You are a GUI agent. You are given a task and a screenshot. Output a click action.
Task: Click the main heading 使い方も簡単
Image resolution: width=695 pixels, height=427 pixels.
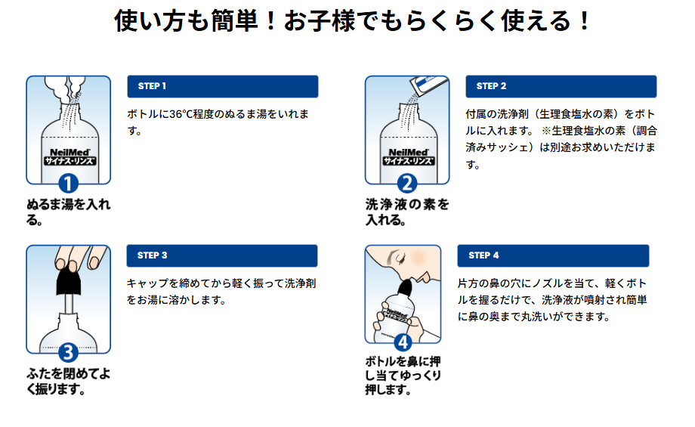(351, 20)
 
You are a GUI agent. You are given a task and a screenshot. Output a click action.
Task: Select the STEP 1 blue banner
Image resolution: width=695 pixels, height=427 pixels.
(223, 86)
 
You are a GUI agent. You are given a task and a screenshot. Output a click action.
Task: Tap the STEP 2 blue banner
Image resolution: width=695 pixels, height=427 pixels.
(561, 86)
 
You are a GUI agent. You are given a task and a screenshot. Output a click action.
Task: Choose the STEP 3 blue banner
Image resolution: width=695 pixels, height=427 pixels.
(222, 255)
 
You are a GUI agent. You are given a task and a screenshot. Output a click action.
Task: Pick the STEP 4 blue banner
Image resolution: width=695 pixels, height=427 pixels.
(554, 255)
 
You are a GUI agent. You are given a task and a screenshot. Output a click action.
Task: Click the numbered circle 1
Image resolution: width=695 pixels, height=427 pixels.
(69, 184)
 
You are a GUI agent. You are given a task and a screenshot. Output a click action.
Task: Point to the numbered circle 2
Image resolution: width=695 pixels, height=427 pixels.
(407, 184)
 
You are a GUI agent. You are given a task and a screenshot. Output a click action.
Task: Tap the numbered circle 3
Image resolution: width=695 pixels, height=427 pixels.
(69, 353)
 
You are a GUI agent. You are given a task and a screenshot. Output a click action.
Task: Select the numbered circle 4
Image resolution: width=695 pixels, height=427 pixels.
(403, 342)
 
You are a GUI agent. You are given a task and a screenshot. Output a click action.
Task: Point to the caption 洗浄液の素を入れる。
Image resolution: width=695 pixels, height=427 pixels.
(406, 212)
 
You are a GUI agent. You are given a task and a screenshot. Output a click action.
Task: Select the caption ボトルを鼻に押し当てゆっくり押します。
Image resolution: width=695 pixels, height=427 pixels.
(403, 376)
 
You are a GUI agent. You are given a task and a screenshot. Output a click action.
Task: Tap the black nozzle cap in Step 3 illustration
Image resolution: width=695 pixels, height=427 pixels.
(69, 281)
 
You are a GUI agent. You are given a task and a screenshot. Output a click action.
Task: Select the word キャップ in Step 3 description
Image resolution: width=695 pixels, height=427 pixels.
(147, 283)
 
